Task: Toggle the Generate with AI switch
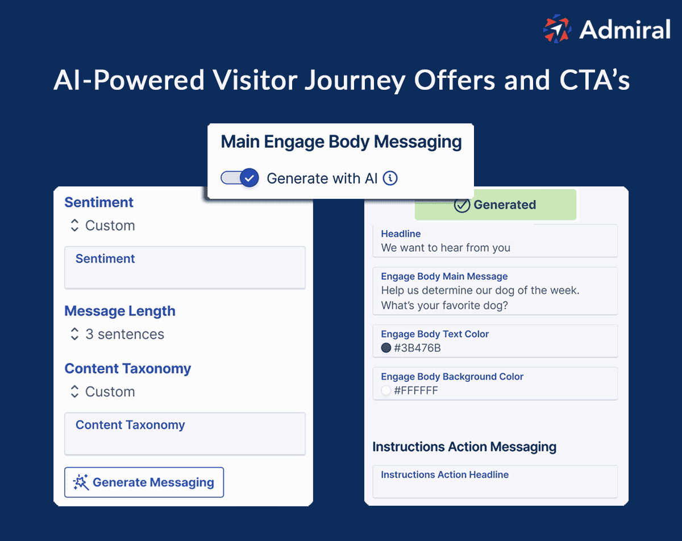(x=240, y=178)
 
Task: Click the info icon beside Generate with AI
(x=390, y=178)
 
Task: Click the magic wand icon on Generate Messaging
(x=81, y=482)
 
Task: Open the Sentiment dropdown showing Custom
(x=102, y=226)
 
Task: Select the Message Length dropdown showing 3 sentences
(x=117, y=334)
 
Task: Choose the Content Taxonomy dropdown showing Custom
(x=102, y=392)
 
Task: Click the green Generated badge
(x=495, y=205)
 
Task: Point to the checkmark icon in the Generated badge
(x=461, y=205)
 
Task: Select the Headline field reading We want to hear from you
(x=494, y=241)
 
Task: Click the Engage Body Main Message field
(x=494, y=291)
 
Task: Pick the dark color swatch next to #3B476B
(x=386, y=348)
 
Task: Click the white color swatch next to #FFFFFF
(x=386, y=390)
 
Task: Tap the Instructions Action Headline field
(x=494, y=482)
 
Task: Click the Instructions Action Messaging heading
(x=464, y=447)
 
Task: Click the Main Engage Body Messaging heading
(x=341, y=142)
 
